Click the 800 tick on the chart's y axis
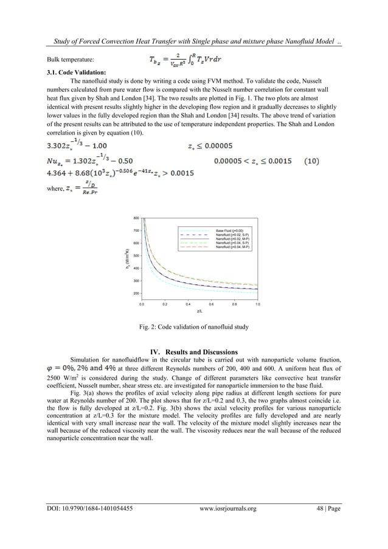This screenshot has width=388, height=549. click(x=136, y=217)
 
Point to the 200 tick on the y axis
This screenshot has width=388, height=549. click(x=136, y=293)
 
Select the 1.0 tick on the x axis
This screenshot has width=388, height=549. click(x=257, y=302)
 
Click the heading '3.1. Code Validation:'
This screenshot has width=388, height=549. click(x=75, y=72)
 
